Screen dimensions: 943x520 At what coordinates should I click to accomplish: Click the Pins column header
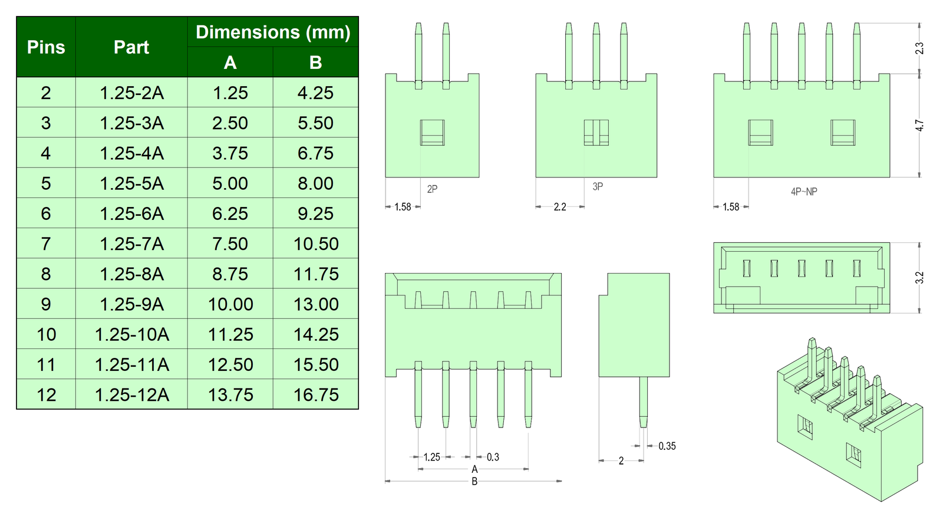click(46, 47)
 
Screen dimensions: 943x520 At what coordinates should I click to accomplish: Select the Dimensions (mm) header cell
click(273, 32)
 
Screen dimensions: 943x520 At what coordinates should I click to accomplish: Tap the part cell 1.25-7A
click(131, 243)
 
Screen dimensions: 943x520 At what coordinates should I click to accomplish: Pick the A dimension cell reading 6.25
click(230, 213)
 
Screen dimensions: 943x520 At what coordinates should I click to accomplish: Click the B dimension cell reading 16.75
click(316, 394)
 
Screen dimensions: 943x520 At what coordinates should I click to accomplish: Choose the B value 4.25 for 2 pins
click(316, 93)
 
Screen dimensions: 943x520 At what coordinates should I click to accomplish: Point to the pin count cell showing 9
click(46, 304)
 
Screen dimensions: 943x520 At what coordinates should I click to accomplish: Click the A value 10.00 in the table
click(230, 304)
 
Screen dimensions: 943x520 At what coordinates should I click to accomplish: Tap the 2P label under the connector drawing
click(432, 189)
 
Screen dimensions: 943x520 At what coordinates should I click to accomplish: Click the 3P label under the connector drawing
click(598, 186)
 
